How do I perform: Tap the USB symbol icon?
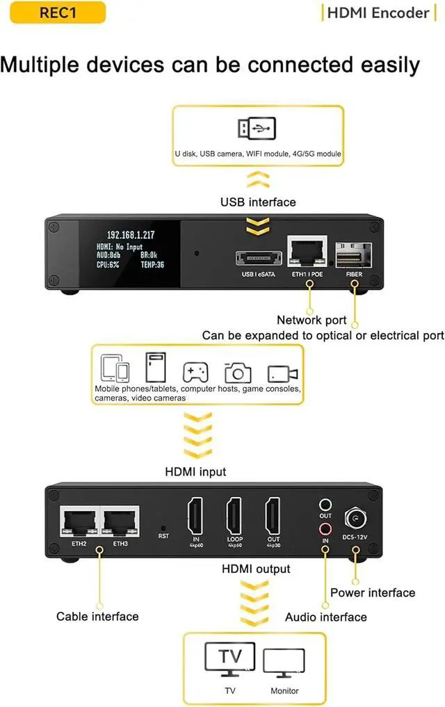[x=258, y=129]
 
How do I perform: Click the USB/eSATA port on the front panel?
[x=259, y=259]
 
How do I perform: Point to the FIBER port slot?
[x=354, y=255]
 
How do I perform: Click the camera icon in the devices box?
[x=238, y=372]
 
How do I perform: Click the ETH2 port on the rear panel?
[x=79, y=520]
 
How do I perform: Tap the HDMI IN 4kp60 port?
[x=195, y=518]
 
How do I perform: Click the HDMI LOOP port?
[x=234, y=518]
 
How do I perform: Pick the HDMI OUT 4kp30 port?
[x=273, y=518]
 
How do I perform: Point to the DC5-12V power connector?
[x=355, y=519]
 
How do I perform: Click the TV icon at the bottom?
[x=229, y=660]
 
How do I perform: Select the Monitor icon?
[x=284, y=663]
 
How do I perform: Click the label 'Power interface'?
[x=373, y=593]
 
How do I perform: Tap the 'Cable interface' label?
[x=97, y=617]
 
